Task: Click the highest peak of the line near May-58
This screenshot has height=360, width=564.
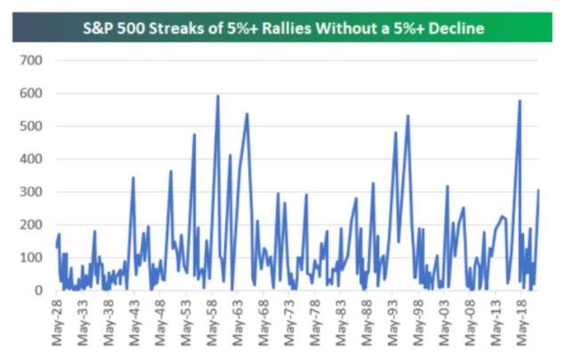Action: point(218,96)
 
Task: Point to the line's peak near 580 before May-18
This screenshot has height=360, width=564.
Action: point(520,101)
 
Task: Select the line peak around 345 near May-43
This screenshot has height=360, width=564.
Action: point(133,178)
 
